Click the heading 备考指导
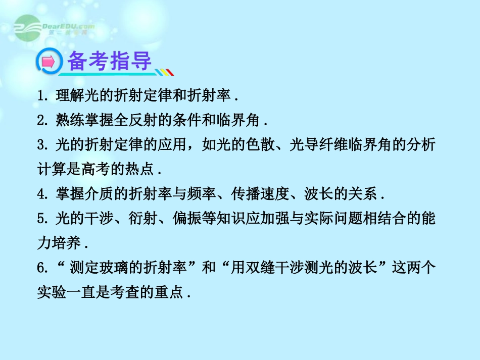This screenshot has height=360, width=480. pyautogui.click(x=109, y=62)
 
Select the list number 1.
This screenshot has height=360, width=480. pyautogui.click(x=41, y=95)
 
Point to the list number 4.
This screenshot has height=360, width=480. pyautogui.click(x=41, y=194)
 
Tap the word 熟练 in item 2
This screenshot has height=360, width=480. pyautogui.click(x=66, y=120)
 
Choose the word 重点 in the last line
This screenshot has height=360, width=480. pyautogui.click(x=171, y=293)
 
